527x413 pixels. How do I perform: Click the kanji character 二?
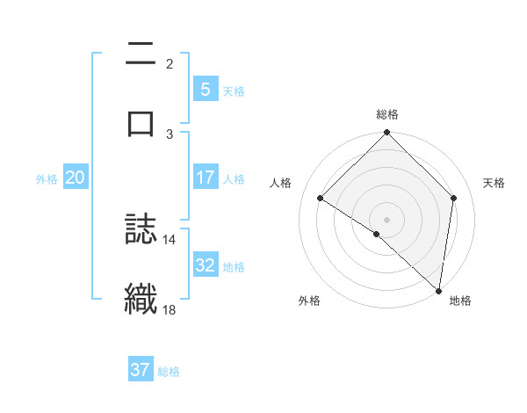(141, 54)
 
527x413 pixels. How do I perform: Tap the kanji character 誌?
(141, 229)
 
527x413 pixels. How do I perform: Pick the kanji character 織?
(141, 297)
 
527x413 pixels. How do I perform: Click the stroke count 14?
(170, 239)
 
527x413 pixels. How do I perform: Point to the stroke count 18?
(170, 308)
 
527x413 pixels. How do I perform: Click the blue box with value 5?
(205, 89)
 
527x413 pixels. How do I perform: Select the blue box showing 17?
(205, 178)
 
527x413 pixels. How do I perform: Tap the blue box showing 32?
(205, 265)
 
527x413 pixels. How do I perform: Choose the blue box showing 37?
(141, 370)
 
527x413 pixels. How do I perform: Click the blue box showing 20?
(76, 178)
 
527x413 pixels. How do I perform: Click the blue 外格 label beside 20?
(47, 178)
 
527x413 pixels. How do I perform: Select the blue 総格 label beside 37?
(169, 371)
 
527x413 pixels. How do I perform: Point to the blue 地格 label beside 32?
(234, 266)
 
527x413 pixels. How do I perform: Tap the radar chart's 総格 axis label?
(387, 114)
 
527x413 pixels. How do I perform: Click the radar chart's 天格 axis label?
(495, 183)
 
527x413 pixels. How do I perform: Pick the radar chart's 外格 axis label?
(309, 301)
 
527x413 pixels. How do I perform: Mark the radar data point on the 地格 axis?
(438, 290)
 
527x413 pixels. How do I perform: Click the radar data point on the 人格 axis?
(321, 199)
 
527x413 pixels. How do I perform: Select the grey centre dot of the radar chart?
(387, 219)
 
